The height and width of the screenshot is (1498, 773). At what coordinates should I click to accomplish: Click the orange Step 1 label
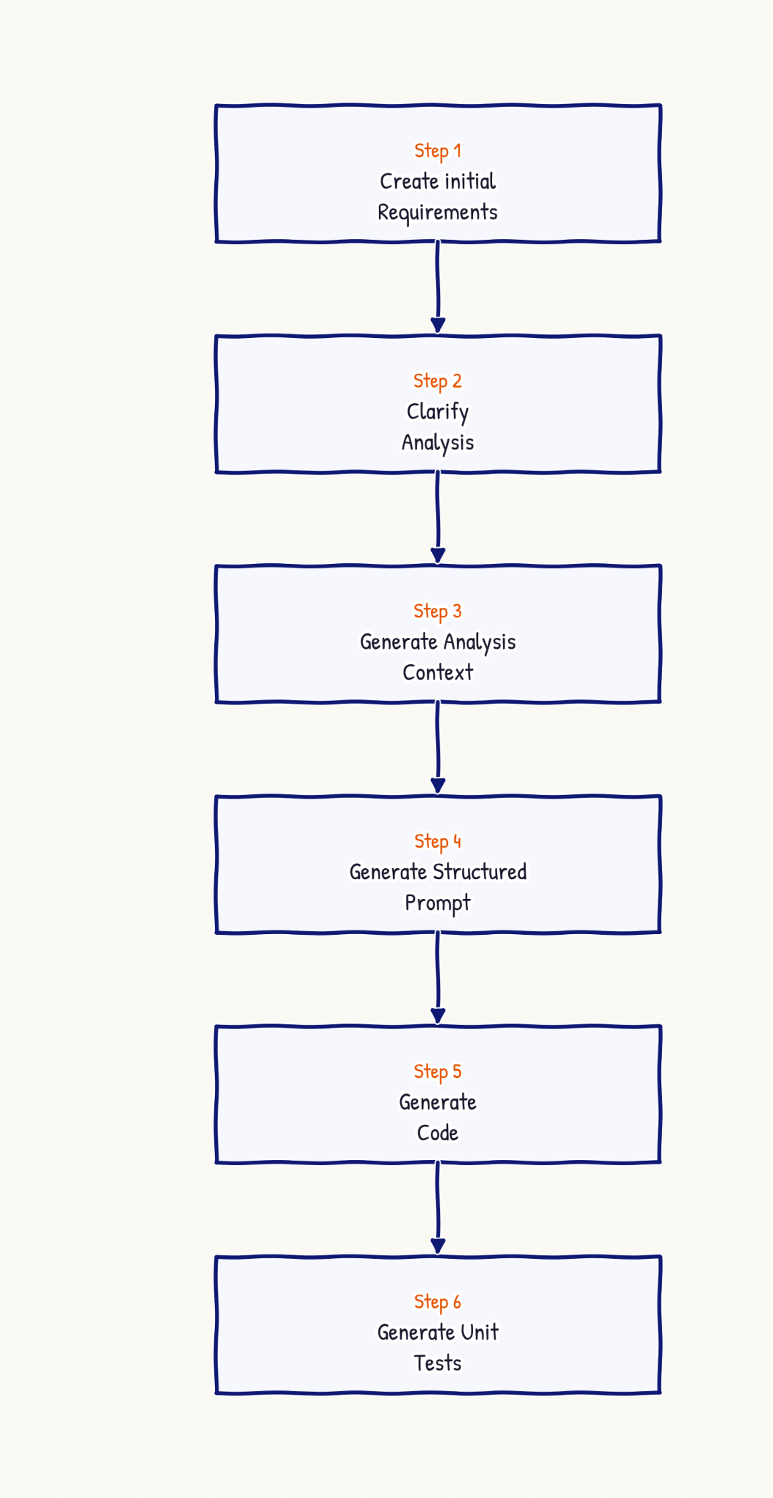click(x=437, y=151)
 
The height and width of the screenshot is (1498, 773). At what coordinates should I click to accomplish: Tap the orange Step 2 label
click(x=437, y=382)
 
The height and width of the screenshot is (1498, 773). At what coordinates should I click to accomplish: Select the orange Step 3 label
click(x=437, y=611)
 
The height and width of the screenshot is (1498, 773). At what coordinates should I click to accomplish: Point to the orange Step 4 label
click(x=437, y=842)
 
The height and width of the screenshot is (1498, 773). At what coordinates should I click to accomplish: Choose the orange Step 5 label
click(x=437, y=1072)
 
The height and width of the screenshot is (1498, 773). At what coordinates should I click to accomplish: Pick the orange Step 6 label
click(x=437, y=1303)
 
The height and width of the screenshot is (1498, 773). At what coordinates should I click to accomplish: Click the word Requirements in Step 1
click(x=437, y=213)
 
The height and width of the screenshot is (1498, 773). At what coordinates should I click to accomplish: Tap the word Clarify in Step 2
click(x=437, y=413)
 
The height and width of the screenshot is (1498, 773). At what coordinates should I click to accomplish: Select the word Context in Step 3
click(x=437, y=672)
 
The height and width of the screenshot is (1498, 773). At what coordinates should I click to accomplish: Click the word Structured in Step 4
click(x=480, y=872)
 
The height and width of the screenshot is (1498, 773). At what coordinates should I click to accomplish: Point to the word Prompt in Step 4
click(x=437, y=903)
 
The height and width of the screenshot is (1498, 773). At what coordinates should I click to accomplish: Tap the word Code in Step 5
click(x=437, y=1133)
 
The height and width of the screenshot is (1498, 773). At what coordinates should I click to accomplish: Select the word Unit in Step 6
click(x=480, y=1333)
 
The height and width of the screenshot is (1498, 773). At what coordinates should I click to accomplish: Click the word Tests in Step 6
click(x=437, y=1363)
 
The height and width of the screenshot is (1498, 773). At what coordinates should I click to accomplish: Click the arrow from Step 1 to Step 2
click(x=437, y=287)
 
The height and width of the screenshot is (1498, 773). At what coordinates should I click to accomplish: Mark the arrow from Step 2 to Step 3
click(x=437, y=518)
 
